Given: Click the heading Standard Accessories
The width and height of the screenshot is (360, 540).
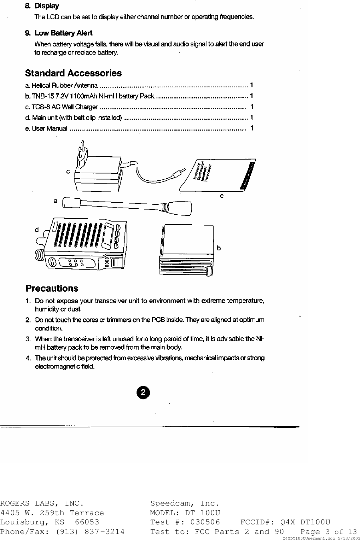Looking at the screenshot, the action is point(73,73).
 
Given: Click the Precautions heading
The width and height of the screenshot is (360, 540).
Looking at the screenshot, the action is point(52,288).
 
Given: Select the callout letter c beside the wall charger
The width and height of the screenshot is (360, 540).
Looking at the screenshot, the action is point(68,171).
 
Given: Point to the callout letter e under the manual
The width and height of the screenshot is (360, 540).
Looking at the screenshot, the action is point(221,196).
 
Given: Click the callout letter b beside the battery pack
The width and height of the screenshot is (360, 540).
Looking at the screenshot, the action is point(219,248).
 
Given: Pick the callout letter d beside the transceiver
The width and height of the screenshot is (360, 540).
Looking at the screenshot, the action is point(37,230).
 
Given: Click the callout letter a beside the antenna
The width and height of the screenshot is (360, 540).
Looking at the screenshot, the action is point(56,200).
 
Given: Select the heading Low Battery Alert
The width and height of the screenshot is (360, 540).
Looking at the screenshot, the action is point(63,33).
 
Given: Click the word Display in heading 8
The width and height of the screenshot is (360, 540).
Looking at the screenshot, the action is point(46,6).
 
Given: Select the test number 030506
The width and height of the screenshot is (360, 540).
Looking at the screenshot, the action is point(205,522).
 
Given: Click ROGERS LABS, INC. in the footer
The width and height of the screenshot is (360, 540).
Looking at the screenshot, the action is point(42,503).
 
